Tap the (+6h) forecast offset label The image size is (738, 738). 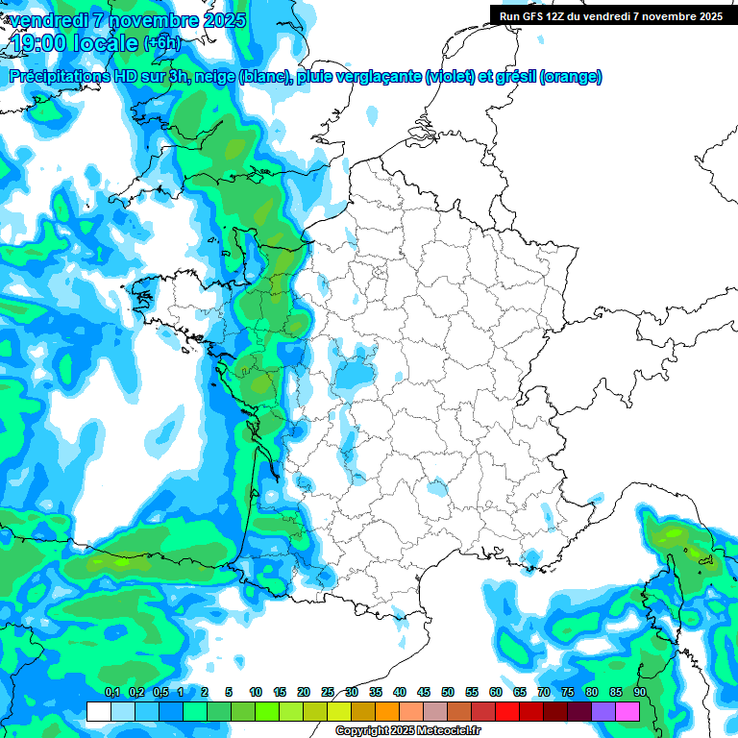pos(160,43)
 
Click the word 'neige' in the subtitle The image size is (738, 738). pos(214,77)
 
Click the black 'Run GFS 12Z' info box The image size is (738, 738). pos(611,15)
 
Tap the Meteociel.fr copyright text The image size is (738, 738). pos(407,731)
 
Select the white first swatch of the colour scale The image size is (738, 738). pos(98,711)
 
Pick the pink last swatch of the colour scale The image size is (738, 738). pos(627,711)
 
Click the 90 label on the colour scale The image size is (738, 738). pos(639,692)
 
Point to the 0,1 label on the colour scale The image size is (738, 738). pos(111,692)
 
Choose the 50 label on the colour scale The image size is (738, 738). pos(448,692)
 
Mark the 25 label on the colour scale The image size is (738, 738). pos(328,692)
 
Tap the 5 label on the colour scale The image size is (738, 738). pos(229,692)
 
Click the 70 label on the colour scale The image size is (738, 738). pos(544,692)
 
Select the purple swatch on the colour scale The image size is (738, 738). pos(603,711)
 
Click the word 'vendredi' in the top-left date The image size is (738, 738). pos(45,20)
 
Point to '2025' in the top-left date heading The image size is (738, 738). pos(220,20)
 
